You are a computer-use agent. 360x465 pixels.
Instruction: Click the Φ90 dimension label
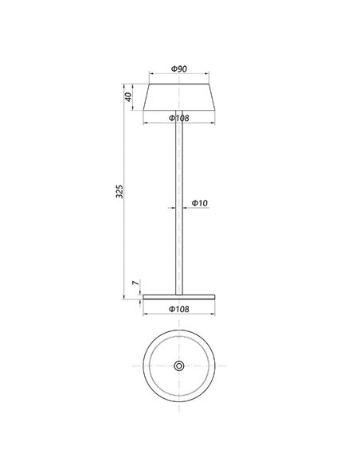179,70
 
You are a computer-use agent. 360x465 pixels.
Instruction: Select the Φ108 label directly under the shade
179,119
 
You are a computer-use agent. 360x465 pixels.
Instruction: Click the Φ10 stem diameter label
199,204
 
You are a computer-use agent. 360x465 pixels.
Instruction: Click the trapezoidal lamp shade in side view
179,97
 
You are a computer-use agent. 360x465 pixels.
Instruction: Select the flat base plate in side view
179,297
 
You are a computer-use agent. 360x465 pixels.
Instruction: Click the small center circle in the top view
179,365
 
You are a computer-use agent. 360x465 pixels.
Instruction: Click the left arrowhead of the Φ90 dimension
152,76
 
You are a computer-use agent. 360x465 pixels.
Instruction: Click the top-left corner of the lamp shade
151,83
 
